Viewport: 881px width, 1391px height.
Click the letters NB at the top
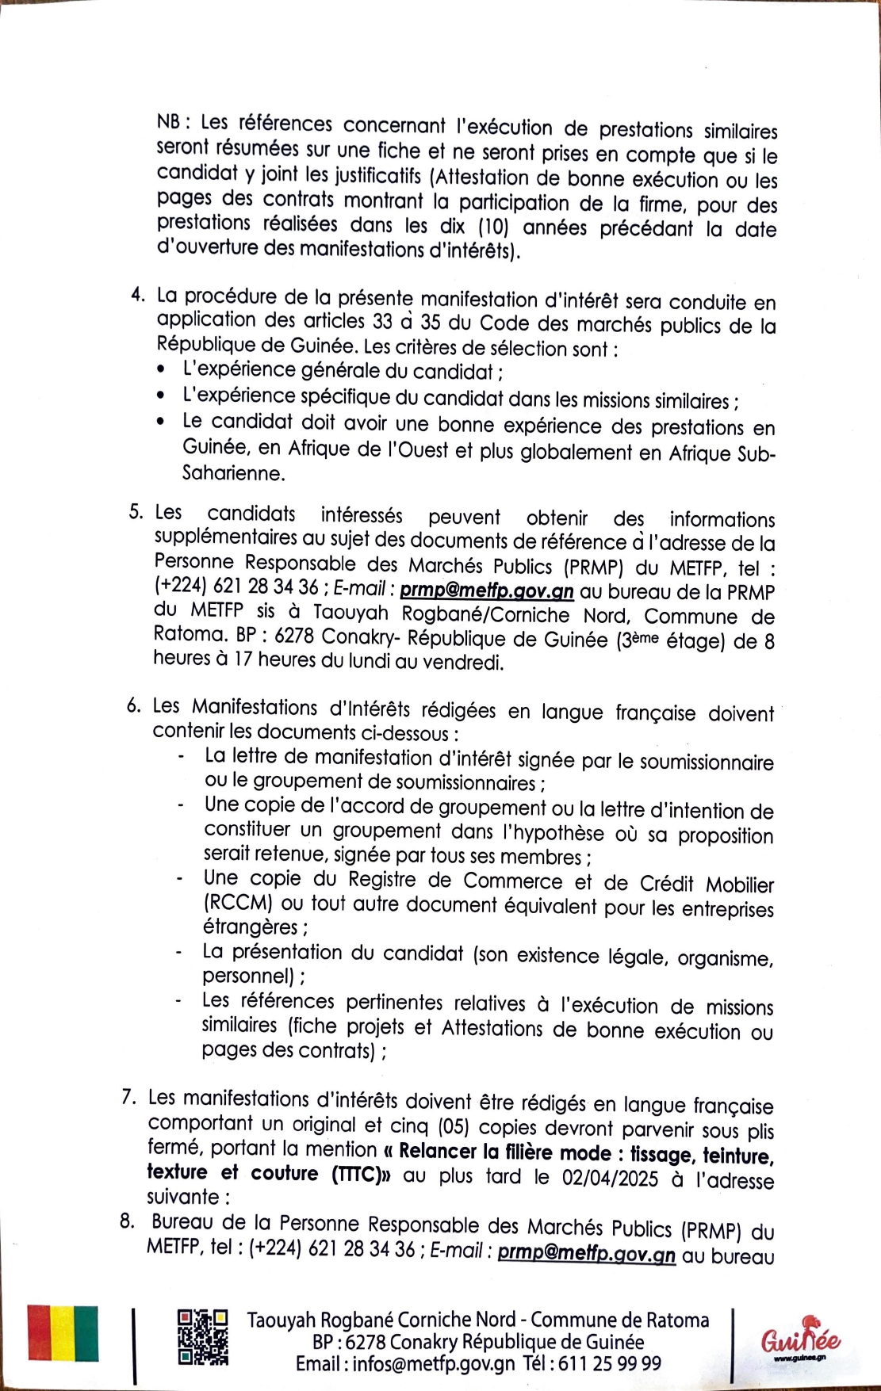(167, 122)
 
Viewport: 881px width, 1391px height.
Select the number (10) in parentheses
(492, 227)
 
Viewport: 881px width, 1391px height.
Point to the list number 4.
(138, 295)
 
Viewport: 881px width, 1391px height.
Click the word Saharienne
(233, 473)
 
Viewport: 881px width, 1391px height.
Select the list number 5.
(136, 512)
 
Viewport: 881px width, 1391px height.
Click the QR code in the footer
(202, 1337)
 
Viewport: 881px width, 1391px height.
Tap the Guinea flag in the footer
(63, 1333)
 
